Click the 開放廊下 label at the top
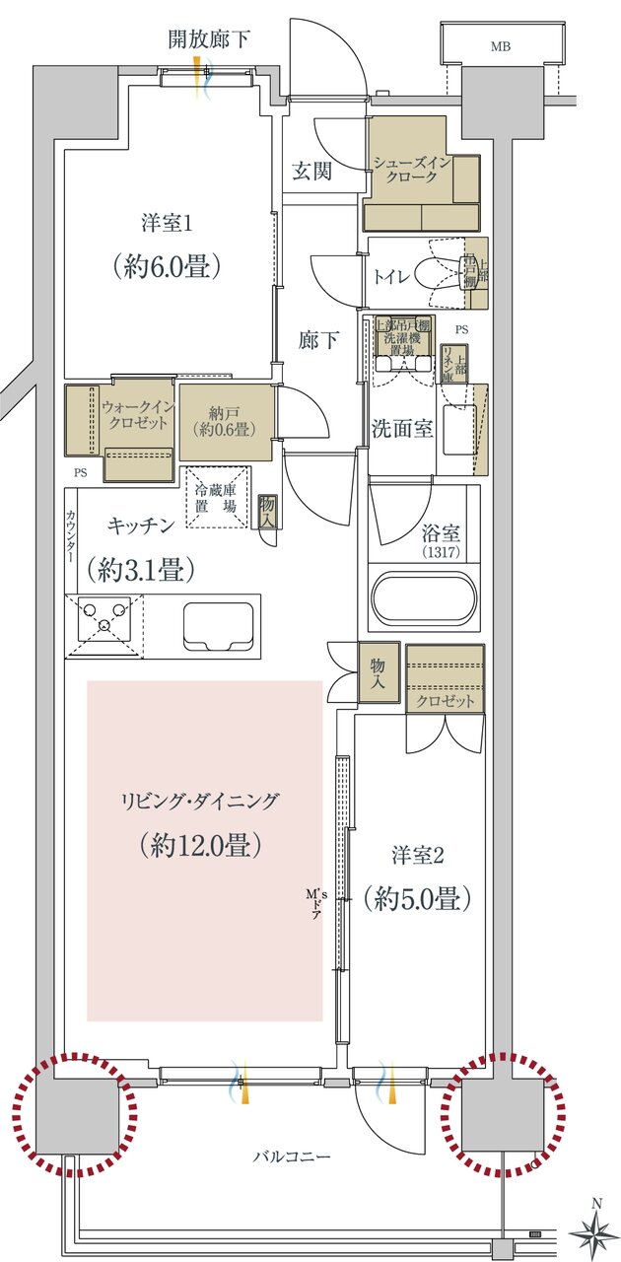(209, 40)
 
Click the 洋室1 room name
(165, 224)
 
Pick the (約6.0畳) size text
(165, 266)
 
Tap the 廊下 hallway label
(319, 340)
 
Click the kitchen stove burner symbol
(103, 624)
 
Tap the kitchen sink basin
(220, 625)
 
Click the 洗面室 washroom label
(402, 429)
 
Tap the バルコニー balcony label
(290, 1156)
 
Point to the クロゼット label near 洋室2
(446, 701)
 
